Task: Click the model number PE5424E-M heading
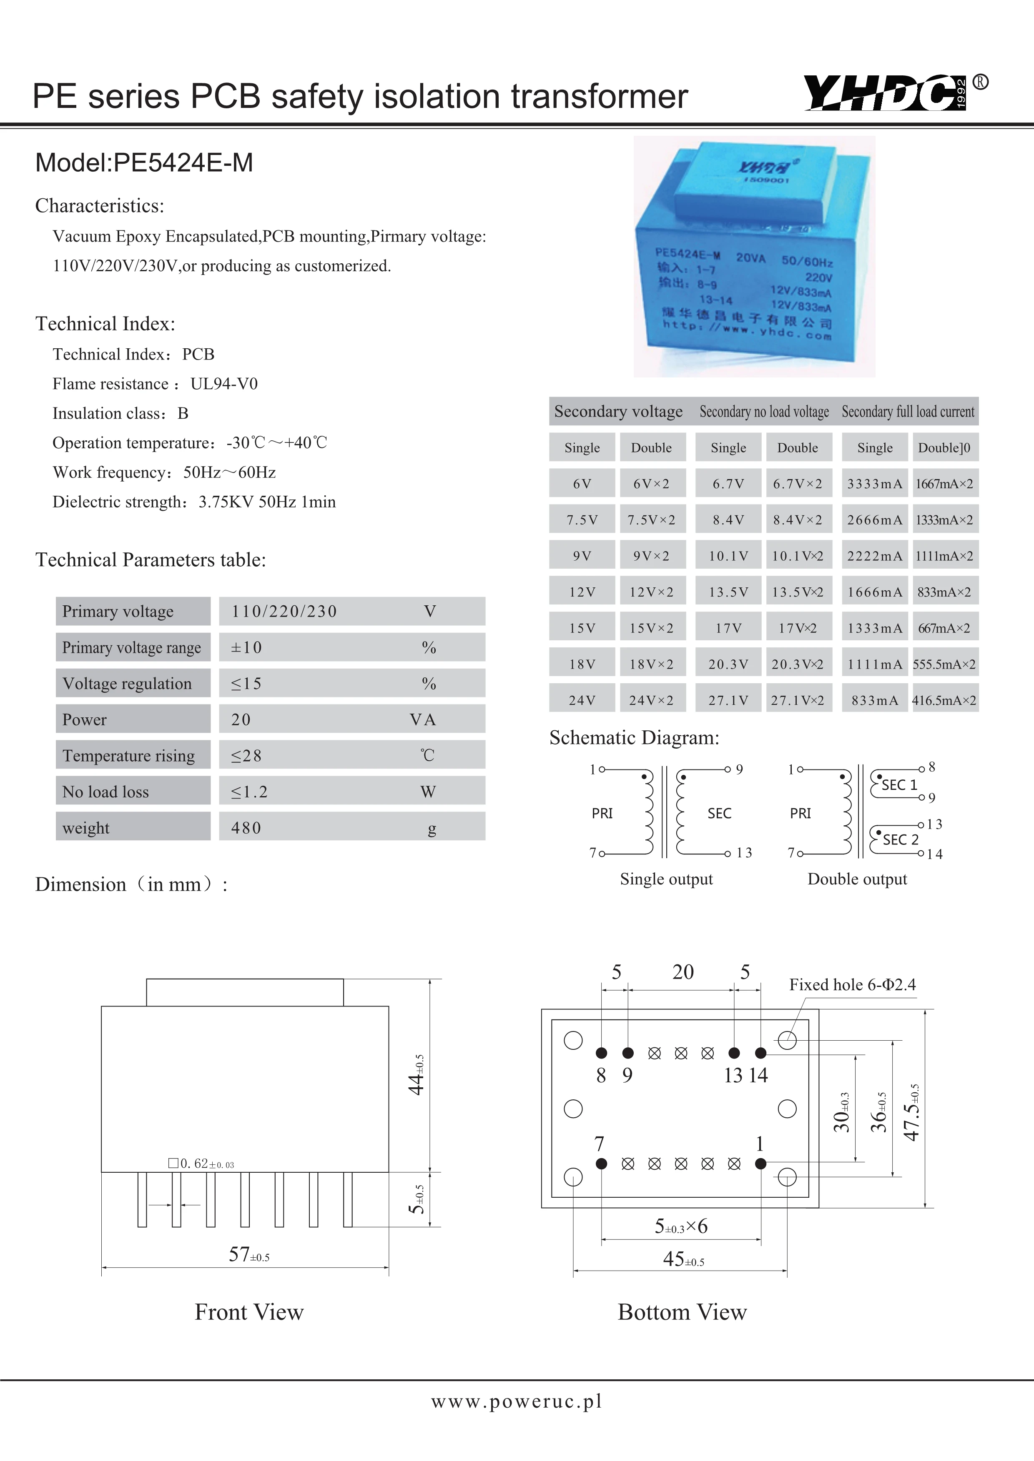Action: (x=144, y=163)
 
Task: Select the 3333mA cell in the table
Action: (x=874, y=484)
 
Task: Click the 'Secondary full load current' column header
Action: (x=908, y=412)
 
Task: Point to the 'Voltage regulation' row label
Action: (x=127, y=683)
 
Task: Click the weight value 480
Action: (x=246, y=828)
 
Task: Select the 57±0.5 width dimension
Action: (x=248, y=1255)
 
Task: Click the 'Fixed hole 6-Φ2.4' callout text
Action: (x=852, y=985)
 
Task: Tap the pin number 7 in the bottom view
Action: (x=599, y=1144)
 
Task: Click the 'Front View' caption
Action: (x=249, y=1312)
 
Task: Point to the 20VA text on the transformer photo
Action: (x=750, y=258)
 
